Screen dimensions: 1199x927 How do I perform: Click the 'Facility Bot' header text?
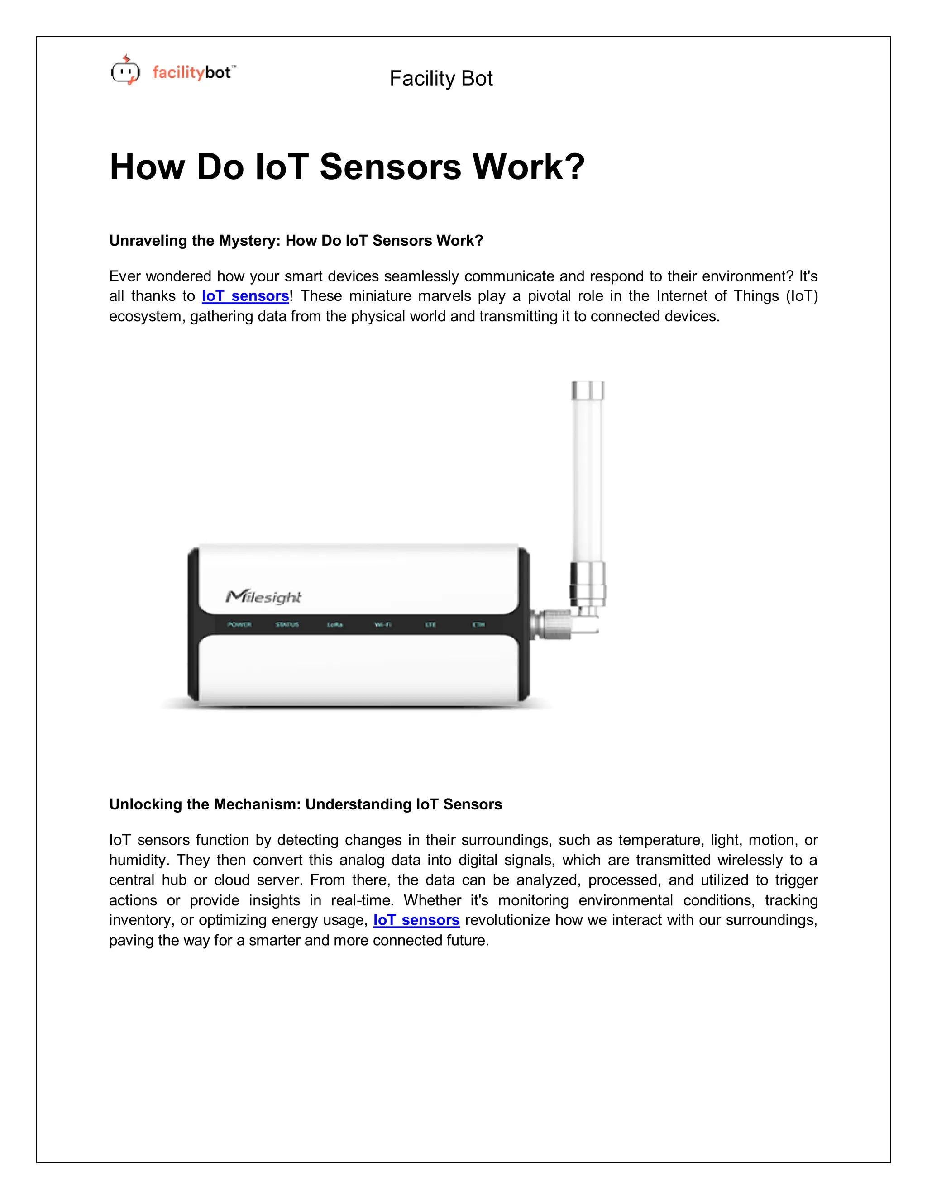pyautogui.click(x=440, y=79)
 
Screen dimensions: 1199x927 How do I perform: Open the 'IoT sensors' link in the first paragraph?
pyautogui.click(x=245, y=296)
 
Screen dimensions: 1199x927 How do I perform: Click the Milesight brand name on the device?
pyautogui.click(x=263, y=597)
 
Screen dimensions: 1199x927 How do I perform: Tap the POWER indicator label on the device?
pyautogui.click(x=239, y=625)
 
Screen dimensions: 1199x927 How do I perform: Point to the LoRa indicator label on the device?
pyautogui.click(x=334, y=625)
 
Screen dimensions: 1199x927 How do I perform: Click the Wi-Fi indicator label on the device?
pyautogui.click(x=383, y=625)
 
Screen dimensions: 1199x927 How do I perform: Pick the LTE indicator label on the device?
pyautogui.click(x=430, y=625)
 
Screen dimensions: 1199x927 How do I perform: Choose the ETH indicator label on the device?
pyautogui.click(x=478, y=625)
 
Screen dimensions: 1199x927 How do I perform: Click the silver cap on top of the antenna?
pyautogui.click(x=588, y=391)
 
